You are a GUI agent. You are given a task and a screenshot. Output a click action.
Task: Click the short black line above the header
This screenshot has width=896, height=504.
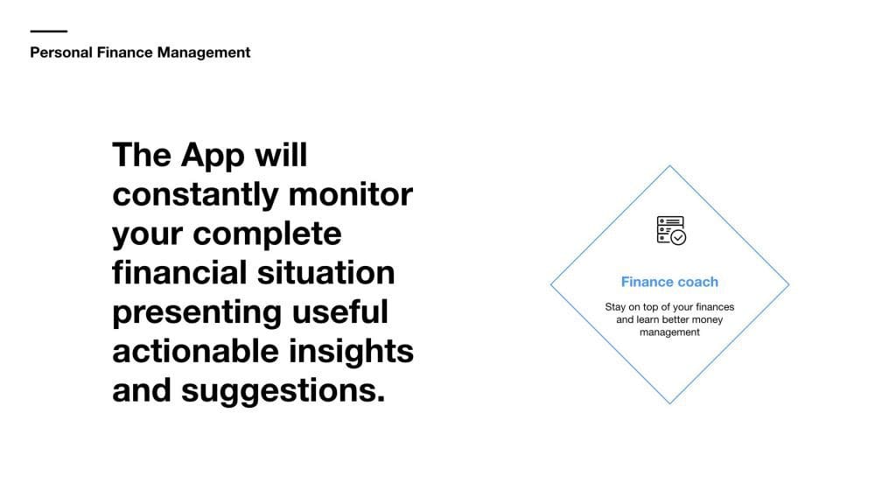pos(49,31)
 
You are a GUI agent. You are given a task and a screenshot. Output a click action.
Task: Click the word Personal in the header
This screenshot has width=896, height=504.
pos(61,52)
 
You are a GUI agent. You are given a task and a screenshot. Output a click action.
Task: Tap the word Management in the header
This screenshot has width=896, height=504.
pos(204,53)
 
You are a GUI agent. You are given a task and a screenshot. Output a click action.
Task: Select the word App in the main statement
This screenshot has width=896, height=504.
pos(213,156)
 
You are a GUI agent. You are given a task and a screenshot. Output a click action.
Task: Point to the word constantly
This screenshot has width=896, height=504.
pos(195,194)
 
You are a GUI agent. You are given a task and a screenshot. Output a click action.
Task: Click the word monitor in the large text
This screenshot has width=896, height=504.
pos(351,194)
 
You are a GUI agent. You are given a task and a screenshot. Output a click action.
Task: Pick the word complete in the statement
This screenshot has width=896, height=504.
pos(267,234)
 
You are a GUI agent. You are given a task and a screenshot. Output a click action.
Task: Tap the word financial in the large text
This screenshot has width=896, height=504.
pos(179,272)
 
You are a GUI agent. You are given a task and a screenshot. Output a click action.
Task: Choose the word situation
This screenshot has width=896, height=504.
pos(325,272)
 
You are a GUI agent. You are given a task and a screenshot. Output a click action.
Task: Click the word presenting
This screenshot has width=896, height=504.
pos(197,312)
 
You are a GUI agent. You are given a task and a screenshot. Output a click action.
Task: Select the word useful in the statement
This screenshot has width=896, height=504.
pos(340,311)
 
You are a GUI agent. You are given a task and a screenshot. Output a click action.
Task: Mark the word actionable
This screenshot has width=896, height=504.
pos(195,350)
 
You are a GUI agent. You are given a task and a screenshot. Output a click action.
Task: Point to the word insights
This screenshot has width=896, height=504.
pos(351,351)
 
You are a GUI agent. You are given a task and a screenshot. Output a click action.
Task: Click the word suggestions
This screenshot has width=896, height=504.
pos(283,391)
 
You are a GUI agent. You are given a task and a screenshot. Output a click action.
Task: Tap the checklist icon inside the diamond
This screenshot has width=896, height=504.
pos(671,230)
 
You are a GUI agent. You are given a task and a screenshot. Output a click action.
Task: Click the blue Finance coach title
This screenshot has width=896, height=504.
pos(669,282)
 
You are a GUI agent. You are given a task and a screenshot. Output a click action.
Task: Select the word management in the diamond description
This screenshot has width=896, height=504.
pos(669,332)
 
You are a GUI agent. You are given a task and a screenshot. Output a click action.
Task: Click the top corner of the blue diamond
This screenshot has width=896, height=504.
pos(669,165)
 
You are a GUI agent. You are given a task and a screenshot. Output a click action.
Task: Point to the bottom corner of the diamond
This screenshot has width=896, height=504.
pos(669,403)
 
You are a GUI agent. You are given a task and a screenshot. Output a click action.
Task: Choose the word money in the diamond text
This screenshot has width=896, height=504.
pos(707,319)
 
